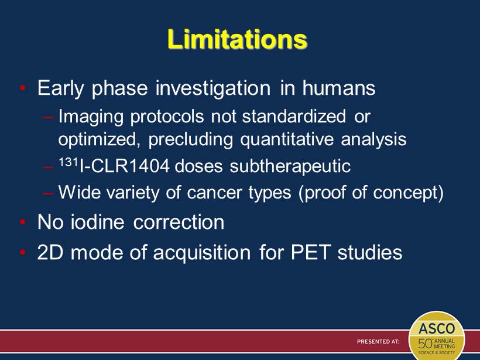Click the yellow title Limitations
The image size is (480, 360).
237,39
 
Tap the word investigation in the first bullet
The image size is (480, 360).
213,89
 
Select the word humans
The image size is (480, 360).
339,88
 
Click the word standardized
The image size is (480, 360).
294,116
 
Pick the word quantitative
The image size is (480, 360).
287,139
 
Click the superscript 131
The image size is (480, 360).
68,162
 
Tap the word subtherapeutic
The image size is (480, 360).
290,167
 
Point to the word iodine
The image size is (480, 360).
98,222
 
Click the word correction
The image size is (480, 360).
179,222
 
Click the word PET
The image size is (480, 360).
311,253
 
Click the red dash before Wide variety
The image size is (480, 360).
48,193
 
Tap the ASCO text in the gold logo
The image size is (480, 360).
437,328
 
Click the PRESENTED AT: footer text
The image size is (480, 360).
378,341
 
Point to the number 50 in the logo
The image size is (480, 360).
426,344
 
